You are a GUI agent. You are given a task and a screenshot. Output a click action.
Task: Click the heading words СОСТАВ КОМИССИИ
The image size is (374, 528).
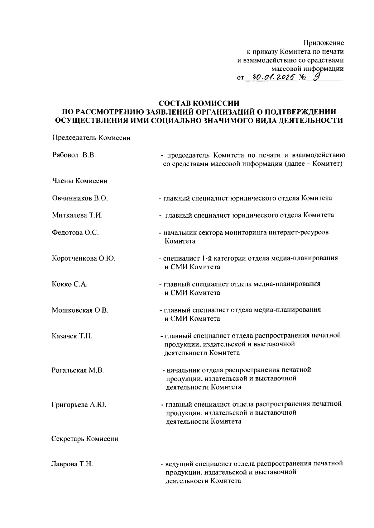[x=199, y=103]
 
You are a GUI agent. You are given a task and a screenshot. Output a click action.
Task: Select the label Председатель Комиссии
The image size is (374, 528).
[x=91, y=138]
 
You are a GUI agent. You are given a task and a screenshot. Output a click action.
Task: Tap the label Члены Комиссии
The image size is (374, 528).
[x=79, y=181]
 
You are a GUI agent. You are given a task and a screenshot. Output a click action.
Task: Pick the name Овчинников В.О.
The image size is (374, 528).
[x=80, y=198]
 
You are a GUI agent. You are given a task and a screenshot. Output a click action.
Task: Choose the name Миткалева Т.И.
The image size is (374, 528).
[x=77, y=215]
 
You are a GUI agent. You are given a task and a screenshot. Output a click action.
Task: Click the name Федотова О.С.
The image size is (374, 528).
[x=75, y=233]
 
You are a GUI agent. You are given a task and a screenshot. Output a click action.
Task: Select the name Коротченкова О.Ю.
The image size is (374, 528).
[x=84, y=258]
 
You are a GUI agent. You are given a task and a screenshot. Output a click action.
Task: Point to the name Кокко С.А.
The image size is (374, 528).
[x=70, y=284]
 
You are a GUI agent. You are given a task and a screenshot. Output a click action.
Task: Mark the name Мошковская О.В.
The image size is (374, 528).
[x=80, y=310]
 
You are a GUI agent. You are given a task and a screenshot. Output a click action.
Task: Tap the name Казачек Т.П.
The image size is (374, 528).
[x=72, y=336]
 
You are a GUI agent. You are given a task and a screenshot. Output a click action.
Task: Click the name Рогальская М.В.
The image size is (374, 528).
[x=78, y=370]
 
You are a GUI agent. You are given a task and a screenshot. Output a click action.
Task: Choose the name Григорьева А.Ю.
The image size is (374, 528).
[x=79, y=405]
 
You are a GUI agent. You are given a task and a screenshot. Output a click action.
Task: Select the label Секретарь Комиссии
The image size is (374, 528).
[x=85, y=439]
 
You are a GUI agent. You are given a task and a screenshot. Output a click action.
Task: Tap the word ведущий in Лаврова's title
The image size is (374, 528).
[x=179, y=464]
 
